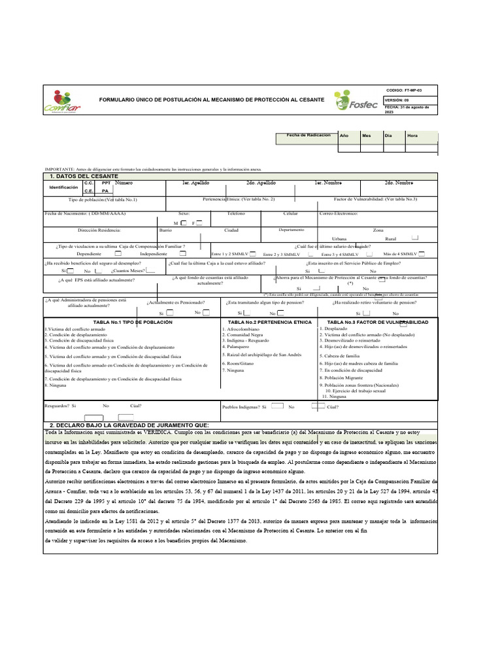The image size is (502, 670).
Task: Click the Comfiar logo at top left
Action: point(61,101)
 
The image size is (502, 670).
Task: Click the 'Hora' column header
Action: point(412,135)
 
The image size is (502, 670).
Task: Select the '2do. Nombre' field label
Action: point(399,183)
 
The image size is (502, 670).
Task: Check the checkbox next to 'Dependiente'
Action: point(118,253)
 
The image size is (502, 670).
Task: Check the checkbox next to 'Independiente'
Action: point(183,253)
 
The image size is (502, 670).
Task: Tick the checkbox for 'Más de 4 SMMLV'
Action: point(422,253)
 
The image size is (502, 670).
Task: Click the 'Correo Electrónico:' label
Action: point(339,214)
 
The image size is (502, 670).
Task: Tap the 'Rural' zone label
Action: point(391,239)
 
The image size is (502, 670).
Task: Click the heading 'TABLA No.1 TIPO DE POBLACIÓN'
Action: point(133,323)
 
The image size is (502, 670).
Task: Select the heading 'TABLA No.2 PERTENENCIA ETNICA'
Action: point(270,323)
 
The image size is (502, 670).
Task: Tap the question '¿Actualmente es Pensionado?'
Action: point(176,303)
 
